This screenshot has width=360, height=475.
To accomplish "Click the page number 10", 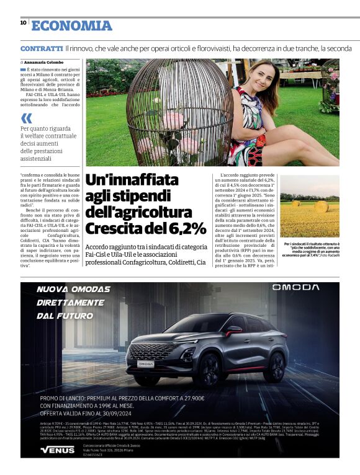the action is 23,22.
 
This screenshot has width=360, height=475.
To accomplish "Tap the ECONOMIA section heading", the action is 72,25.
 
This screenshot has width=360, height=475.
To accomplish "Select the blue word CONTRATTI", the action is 41,48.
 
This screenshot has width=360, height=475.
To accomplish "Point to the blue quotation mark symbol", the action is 26,118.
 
